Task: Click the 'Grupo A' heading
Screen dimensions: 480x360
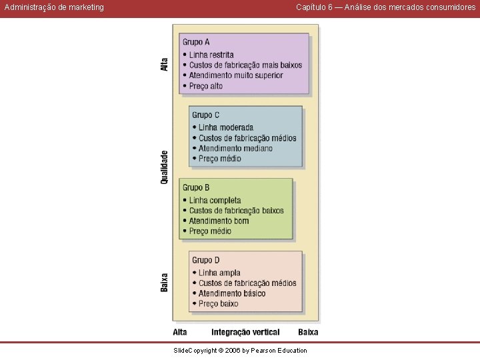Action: (x=196, y=42)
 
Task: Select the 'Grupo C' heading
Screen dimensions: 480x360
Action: (x=206, y=115)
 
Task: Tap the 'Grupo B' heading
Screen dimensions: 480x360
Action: (x=196, y=187)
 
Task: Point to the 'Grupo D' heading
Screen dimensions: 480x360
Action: (x=206, y=260)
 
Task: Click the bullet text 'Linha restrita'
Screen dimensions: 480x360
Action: (x=211, y=55)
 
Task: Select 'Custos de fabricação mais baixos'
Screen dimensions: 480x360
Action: (x=245, y=65)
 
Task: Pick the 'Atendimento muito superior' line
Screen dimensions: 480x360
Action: (x=236, y=75)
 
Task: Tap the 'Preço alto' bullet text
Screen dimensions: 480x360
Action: (x=206, y=86)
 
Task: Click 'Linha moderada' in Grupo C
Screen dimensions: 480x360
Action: (x=226, y=127)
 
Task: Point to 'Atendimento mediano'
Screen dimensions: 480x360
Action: (x=235, y=149)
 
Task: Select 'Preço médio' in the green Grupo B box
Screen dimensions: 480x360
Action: (x=210, y=231)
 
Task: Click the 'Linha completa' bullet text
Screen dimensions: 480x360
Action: (x=215, y=200)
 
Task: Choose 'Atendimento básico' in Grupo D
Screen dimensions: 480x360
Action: (x=232, y=293)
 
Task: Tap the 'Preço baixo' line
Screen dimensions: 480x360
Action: (x=218, y=304)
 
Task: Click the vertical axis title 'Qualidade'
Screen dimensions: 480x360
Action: (x=165, y=167)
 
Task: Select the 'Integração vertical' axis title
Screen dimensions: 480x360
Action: (x=245, y=333)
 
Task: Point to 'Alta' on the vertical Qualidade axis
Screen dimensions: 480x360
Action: (x=165, y=65)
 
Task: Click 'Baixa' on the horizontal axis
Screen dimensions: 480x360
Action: (x=308, y=333)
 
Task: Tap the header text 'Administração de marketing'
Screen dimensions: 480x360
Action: (x=54, y=7)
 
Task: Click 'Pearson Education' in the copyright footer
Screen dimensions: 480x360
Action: (x=279, y=351)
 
